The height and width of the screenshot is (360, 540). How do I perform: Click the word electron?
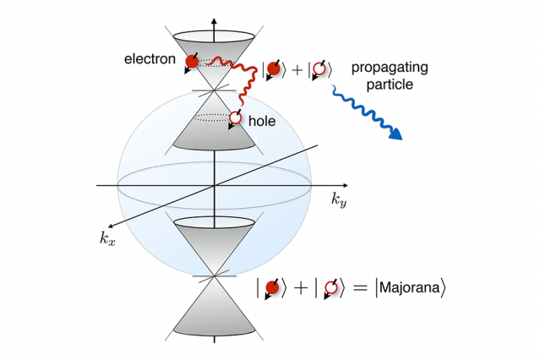click(150, 61)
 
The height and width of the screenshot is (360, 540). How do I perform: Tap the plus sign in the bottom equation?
click(301, 289)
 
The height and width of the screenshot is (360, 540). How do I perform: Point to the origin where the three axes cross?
click(213, 184)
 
